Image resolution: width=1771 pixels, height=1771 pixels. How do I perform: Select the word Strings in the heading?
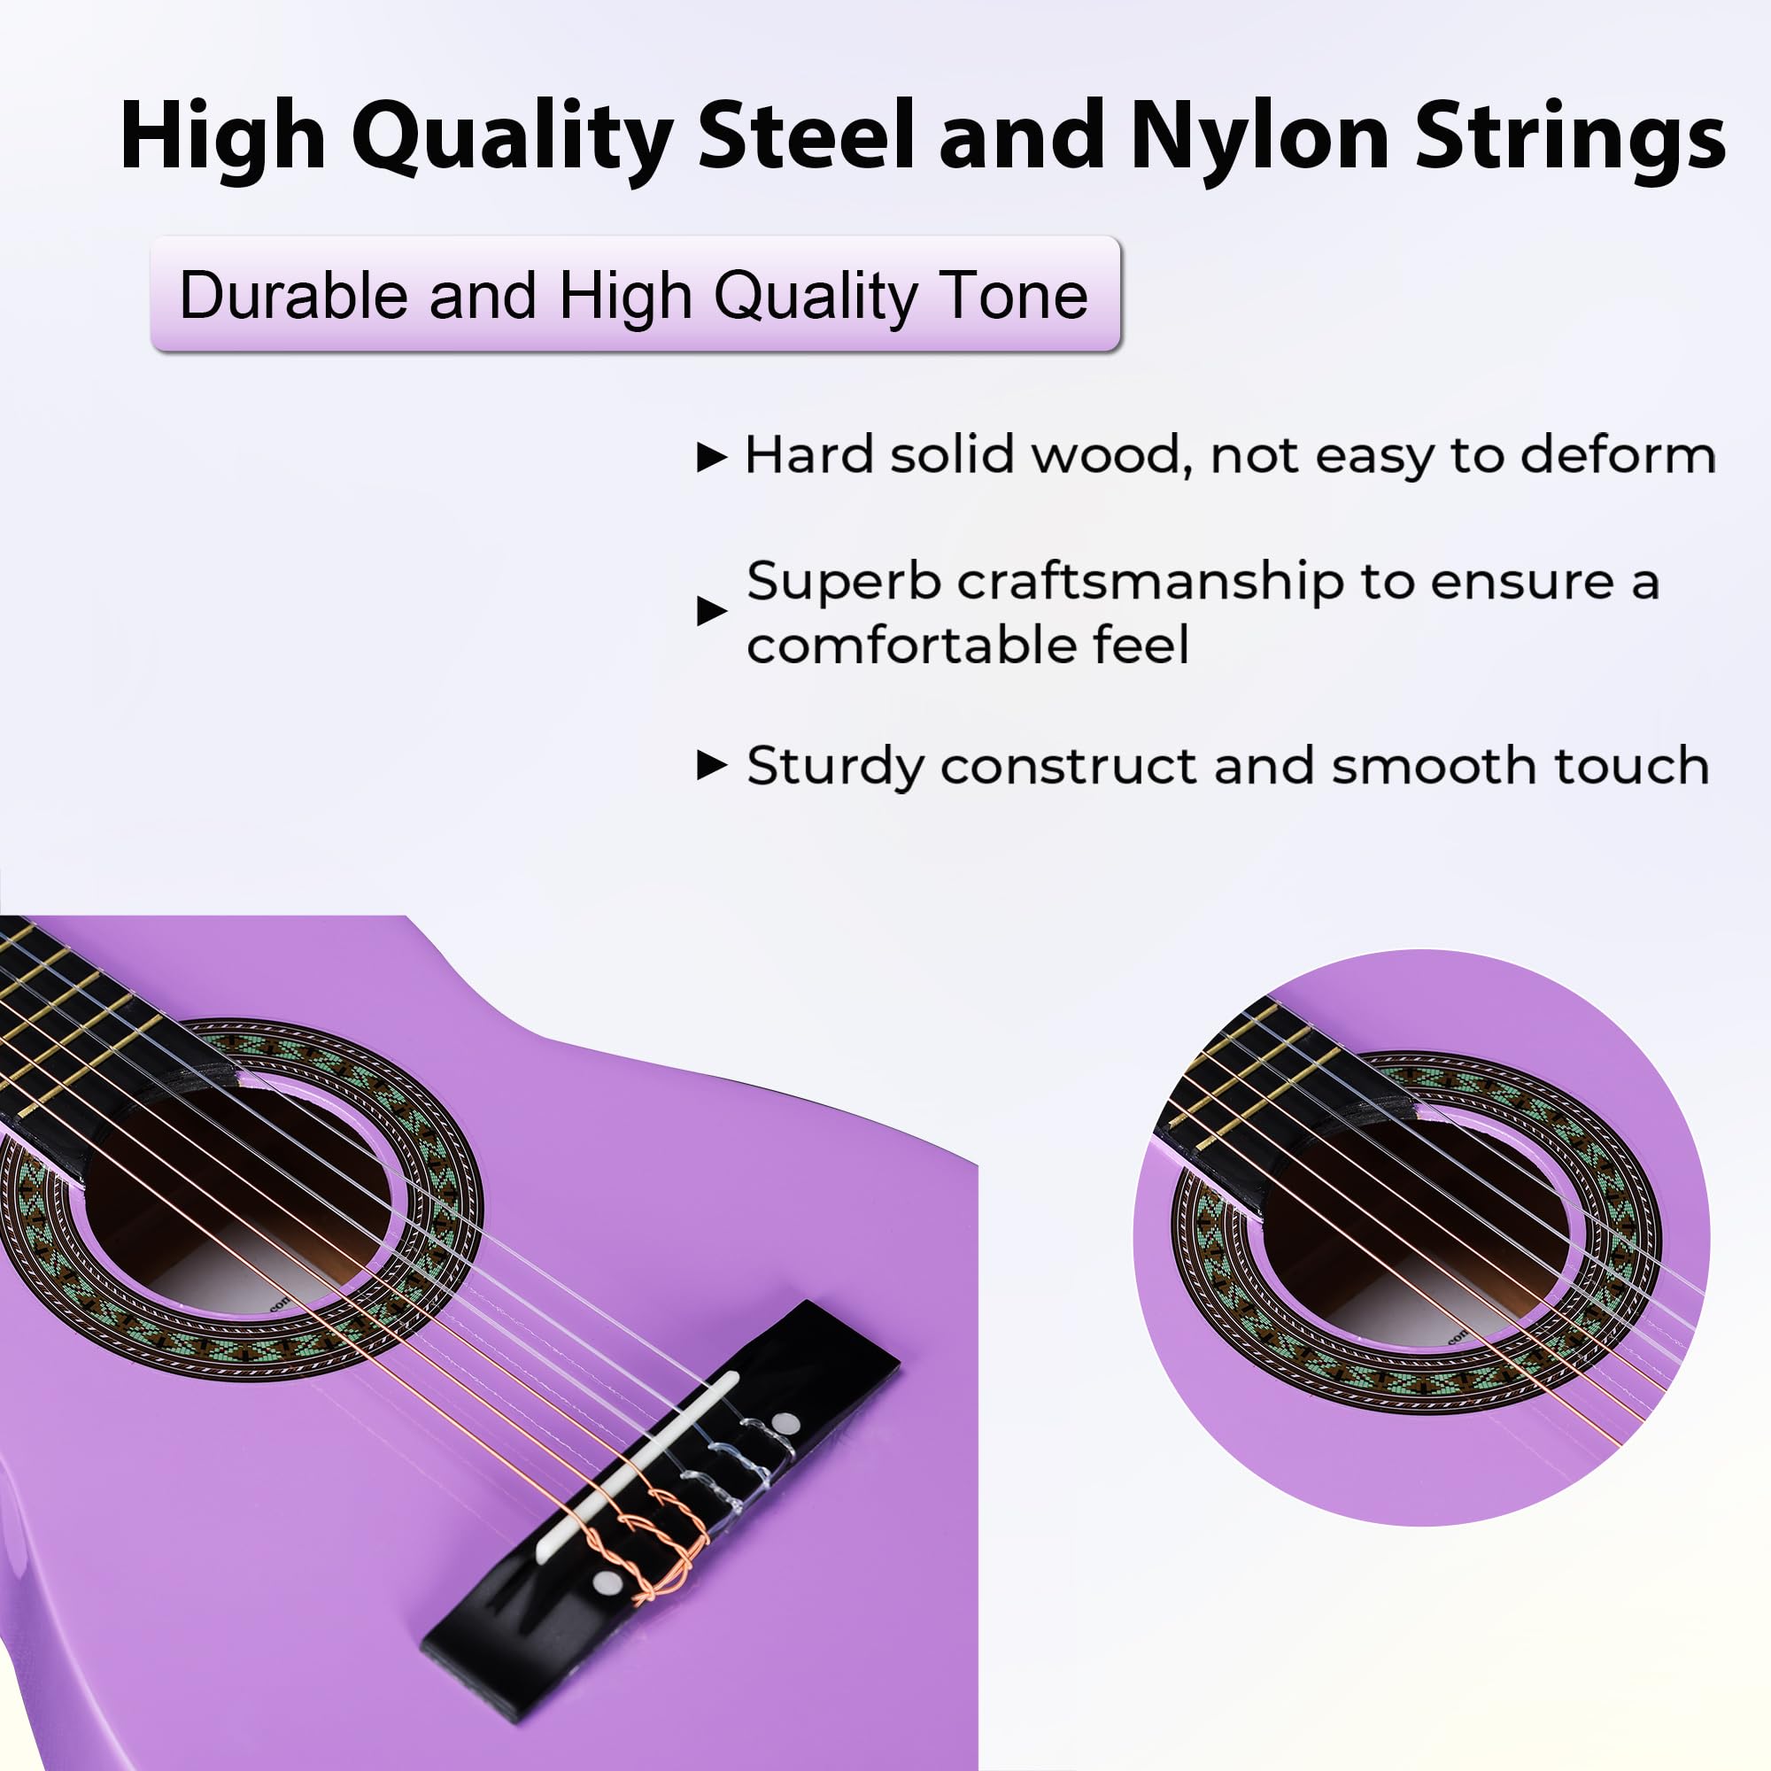pos(1569,137)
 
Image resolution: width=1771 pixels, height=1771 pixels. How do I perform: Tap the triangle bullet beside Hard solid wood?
pos(711,457)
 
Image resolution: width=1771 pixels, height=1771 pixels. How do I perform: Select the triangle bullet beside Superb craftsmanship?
pos(711,610)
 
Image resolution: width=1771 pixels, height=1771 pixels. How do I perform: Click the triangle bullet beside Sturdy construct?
pos(711,764)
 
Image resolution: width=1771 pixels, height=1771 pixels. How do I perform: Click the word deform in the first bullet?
pos(1618,454)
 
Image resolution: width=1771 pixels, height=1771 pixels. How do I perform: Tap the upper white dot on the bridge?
pos(785,1424)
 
